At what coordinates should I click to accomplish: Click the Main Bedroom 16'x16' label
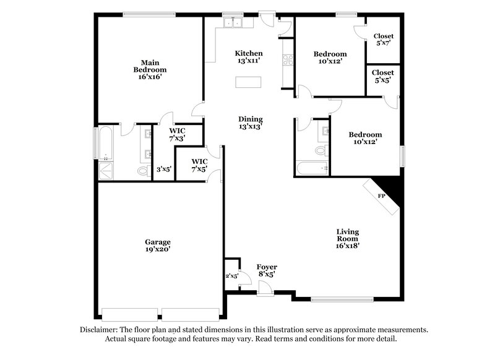point(149,69)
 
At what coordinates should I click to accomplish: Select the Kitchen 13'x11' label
point(248,57)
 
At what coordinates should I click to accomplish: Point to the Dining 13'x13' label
point(251,122)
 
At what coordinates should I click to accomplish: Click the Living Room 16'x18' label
point(347,238)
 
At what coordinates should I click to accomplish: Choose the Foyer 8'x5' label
point(266,270)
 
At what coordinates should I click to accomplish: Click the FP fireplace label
point(382,196)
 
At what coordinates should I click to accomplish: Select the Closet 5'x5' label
point(383,76)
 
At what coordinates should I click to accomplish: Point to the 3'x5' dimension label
point(163,169)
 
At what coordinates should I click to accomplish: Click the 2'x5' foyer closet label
point(231,276)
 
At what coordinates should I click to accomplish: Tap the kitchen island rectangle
point(248,83)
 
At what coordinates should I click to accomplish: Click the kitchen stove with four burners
point(288,60)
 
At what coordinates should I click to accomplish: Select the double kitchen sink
point(235,23)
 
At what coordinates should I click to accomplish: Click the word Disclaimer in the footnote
point(100,330)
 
